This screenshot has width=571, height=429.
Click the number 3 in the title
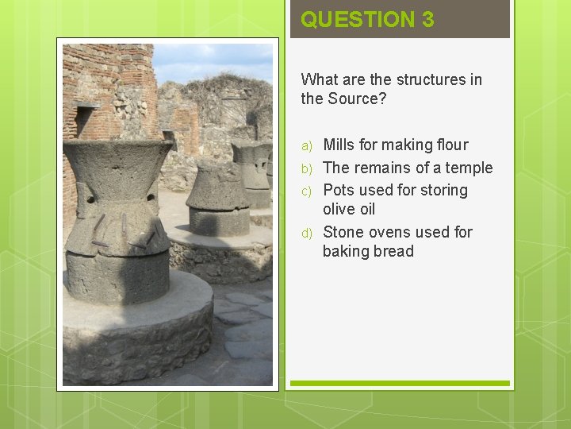click(x=427, y=20)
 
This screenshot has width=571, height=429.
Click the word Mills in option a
click(x=339, y=145)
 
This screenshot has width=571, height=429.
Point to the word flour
click(x=448, y=145)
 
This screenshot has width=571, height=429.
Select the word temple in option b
click(x=468, y=168)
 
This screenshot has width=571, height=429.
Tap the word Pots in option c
click(x=339, y=190)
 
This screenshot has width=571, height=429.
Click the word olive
click(x=339, y=209)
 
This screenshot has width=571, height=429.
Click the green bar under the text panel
click(x=399, y=384)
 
